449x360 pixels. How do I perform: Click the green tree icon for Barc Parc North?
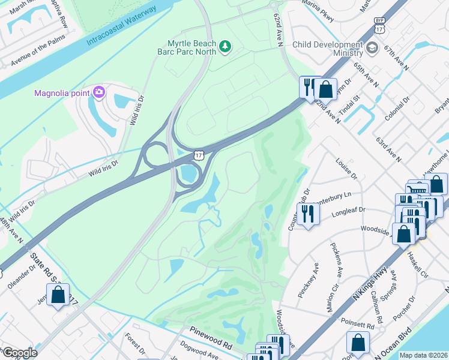[x=226, y=46]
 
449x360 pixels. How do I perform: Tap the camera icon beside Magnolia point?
[x=99, y=92]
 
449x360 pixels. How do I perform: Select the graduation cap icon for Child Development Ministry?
[x=373, y=47]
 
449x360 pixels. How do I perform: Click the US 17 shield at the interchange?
[x=198, y=155]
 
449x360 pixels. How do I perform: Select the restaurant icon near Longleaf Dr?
[x=307, y=214]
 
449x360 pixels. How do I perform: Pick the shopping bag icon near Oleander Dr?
[x=58, y=295]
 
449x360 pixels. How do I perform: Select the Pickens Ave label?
[x=338, y=260]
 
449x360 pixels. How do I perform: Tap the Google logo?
[x=20, y=353]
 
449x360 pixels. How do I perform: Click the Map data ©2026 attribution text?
[x=423, y=355]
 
